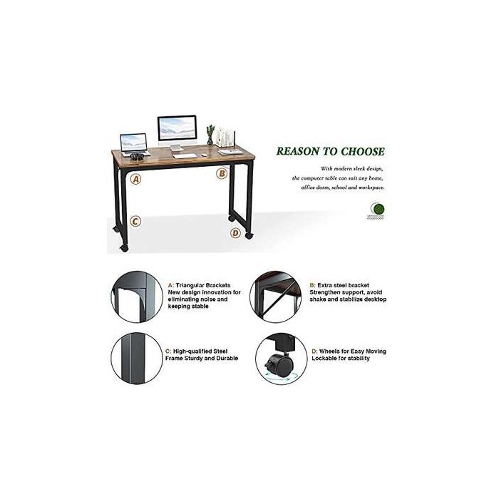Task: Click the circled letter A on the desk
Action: (x=135, y=179)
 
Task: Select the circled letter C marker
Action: (x=135, y=221)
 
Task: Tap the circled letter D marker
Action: (x=235, y=233)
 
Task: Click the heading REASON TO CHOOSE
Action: (x=330, y=151)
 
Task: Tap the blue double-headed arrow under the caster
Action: (x=277, y=379)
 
